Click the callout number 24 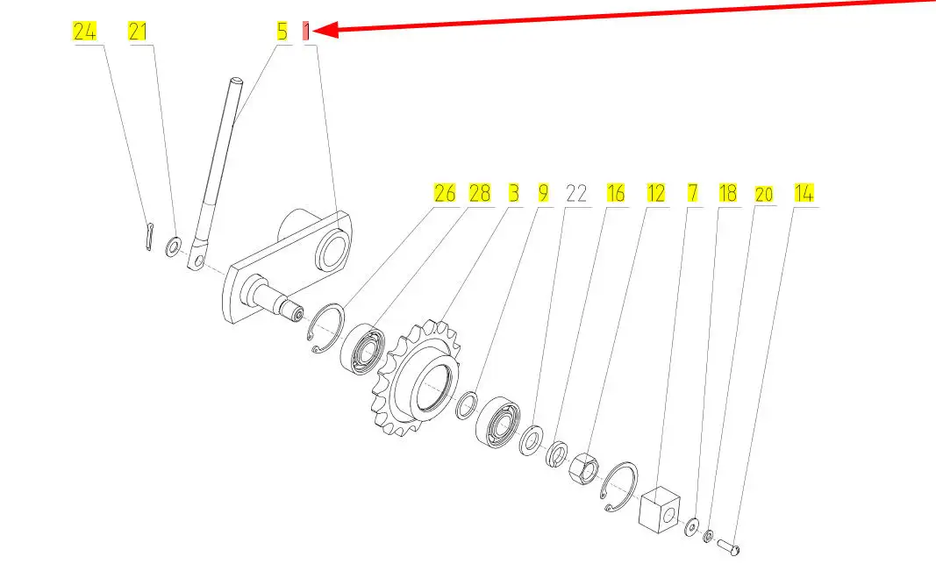[84, 31]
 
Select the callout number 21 [138, 31]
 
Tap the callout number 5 [282, 31]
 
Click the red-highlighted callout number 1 [306, 31]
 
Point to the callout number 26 [445, 193]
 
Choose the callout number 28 [479, 193]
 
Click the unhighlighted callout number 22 [576, 193]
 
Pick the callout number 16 [616, 193]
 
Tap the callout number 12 [656, 193]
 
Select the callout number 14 [804, 193]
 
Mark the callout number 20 [764, 195]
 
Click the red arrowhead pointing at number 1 [326, 30]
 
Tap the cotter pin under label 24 [149, 237]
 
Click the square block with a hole [660, 508]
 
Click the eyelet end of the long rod [196, 258]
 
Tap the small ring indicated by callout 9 [467, 406]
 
